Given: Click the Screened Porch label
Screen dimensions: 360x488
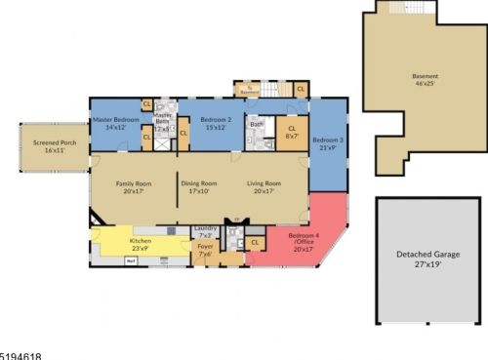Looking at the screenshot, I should click(48, 146).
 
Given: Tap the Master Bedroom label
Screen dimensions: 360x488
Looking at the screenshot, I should click(112, 123).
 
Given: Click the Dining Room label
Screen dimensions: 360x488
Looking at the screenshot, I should click(196, 187).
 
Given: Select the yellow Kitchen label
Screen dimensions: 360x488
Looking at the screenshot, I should click(141, 244).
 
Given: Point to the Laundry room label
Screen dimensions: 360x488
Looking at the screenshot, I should click(205, 232).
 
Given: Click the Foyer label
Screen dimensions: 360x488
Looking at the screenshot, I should click(205, 252).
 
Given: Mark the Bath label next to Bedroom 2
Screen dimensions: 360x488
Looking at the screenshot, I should click(254, 124).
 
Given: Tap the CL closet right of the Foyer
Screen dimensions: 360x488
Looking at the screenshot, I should click(255, 242).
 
